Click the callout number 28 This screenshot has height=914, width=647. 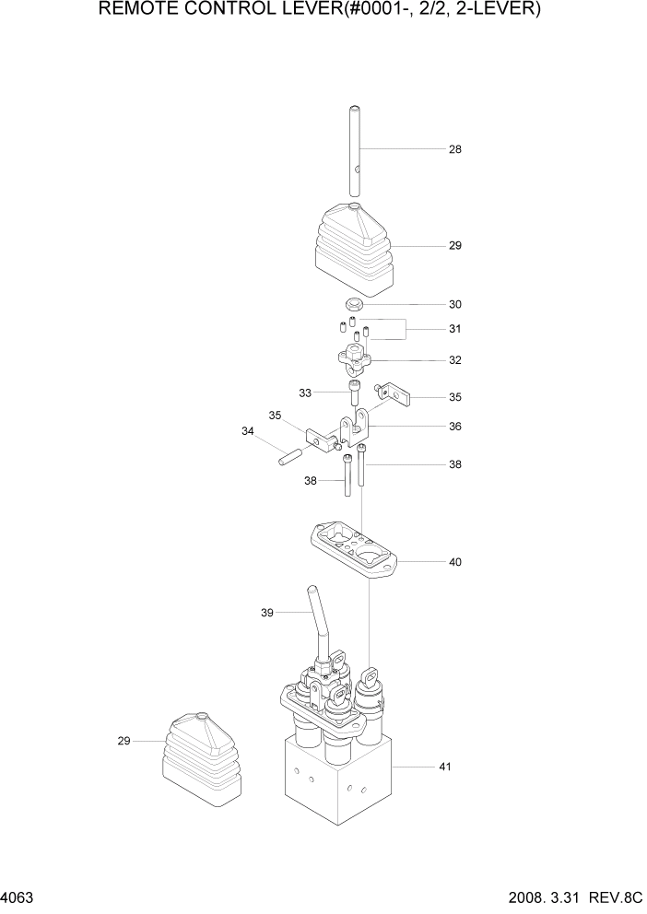pyautogui.click(x=454, y=149)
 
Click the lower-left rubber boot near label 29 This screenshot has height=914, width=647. pyautogui.click(x=203, y=756)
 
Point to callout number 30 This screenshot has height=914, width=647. pyautogui.click(x=454, y=305)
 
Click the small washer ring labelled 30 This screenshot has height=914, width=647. pyautogui.click(x=354, y=305)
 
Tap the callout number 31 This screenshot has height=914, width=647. pyautogui.click(x=454, y=330)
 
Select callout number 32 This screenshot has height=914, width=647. pyautogui.click(x=454, y=360)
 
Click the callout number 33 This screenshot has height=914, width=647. pyautogui.click(x=305, y=393)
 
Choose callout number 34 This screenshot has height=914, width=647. pyautogui.click(x=248, y=431)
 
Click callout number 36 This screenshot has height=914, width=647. pyautogui.click(x=454, y=428)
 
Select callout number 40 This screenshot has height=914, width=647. pyautogui.click(x=454, y=562)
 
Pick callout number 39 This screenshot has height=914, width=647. pyautogui.click(x=268, y=612)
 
